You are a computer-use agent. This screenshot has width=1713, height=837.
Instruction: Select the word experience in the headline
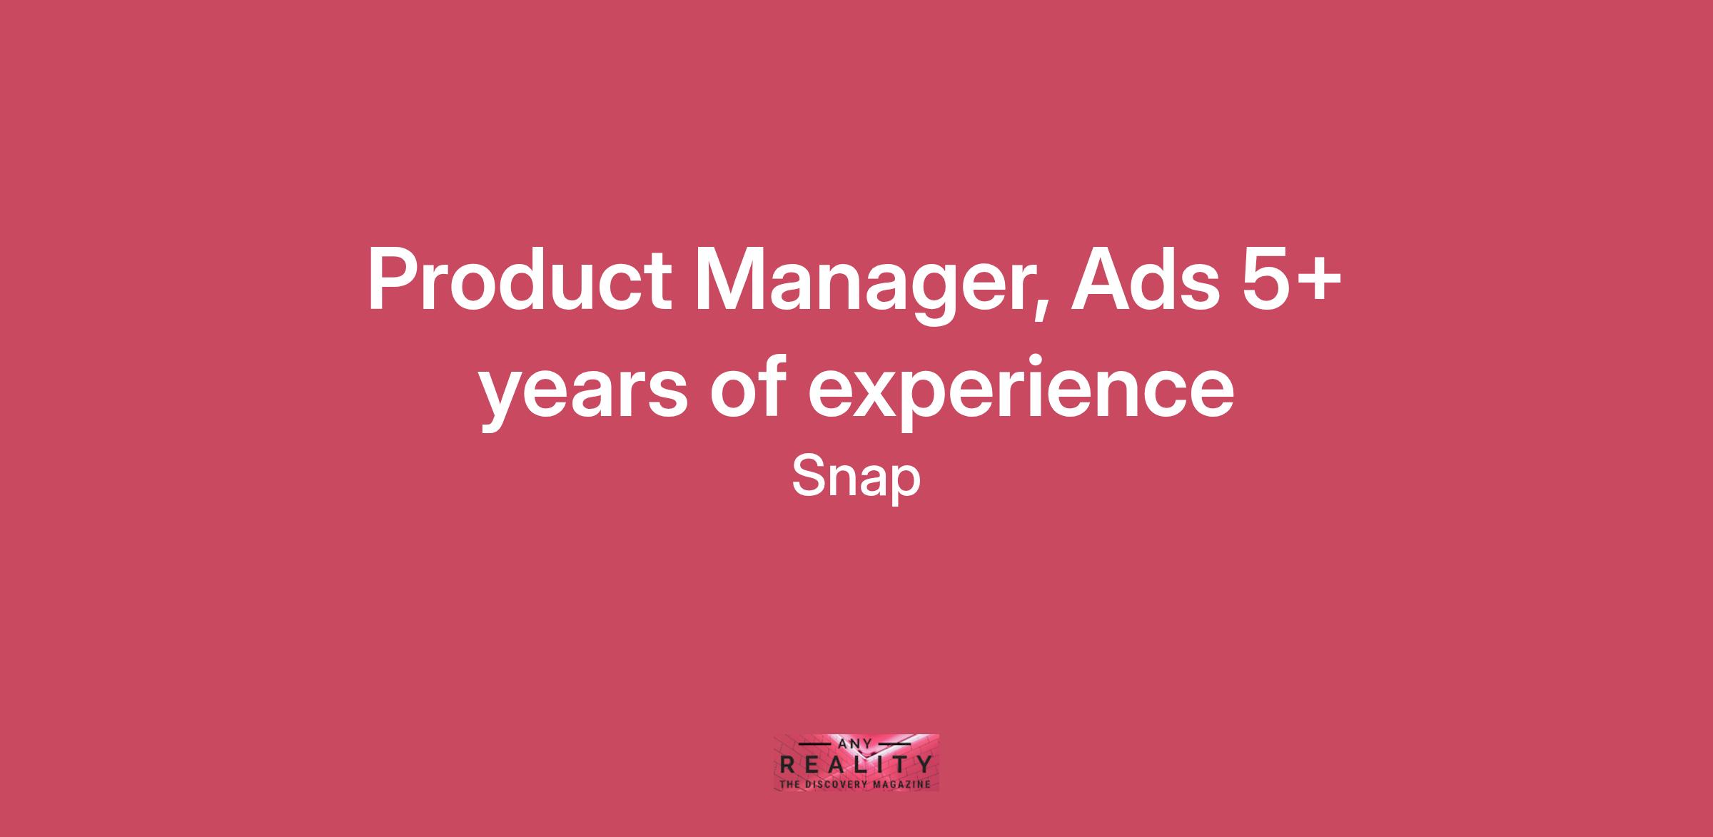pos(1021,392)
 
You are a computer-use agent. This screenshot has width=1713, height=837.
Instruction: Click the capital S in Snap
pos(807,476)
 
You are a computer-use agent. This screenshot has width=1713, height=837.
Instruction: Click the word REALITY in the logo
pos(856,765)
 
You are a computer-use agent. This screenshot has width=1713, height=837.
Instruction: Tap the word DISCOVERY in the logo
pos(837,784)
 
